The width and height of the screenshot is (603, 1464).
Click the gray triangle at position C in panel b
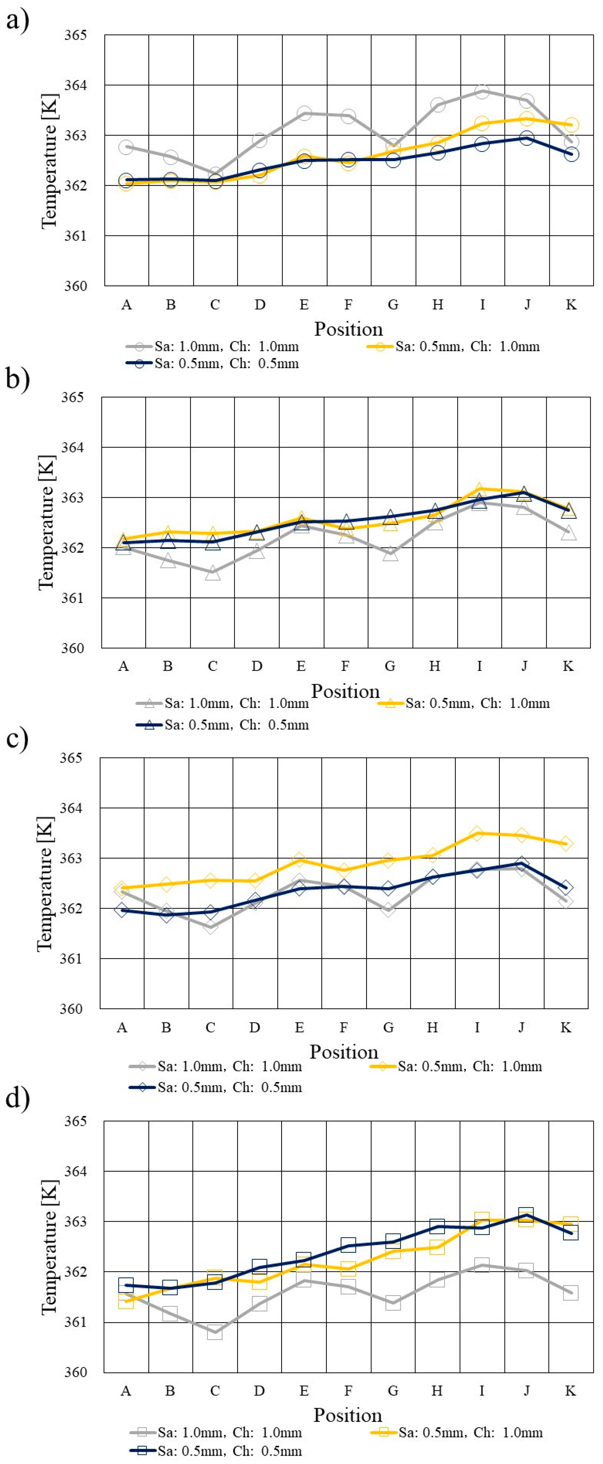coord(213,573)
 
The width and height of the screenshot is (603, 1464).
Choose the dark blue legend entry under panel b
coord(223,725)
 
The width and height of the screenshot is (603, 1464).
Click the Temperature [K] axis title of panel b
coord(46,523)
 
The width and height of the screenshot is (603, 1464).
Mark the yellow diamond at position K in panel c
coord(565,843)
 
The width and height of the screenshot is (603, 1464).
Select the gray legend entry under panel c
coord(216,1066)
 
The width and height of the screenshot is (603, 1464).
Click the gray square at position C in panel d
coord(214,1332)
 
